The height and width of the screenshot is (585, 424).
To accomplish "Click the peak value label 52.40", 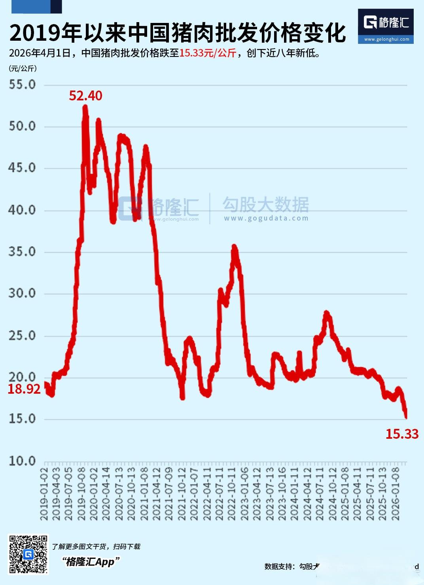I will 85,96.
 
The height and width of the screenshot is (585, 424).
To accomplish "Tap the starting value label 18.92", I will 24,389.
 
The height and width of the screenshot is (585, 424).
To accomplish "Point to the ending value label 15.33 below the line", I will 402,434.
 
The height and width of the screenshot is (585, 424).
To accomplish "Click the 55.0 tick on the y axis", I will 22,85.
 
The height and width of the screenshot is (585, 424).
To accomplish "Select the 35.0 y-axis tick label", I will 22,252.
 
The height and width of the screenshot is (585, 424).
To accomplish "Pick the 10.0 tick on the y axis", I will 22,461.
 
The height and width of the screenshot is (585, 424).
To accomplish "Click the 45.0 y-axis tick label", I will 22,168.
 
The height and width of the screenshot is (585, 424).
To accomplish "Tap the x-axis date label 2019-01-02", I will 44,494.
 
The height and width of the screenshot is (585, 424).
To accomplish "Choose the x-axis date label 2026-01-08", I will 395,494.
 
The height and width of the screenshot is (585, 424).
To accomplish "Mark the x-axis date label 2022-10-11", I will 232,494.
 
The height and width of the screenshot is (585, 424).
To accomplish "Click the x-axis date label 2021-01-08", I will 144,494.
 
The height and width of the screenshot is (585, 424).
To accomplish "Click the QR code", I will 28,554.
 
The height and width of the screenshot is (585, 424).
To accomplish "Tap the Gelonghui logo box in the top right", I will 386,26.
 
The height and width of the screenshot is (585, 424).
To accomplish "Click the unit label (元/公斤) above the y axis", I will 23,68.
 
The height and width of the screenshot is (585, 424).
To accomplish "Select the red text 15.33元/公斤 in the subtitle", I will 208,53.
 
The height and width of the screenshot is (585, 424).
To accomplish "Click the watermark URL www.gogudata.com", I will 266,218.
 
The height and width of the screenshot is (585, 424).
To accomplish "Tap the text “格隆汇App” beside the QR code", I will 91,562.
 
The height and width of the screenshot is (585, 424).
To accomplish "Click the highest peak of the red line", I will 85,107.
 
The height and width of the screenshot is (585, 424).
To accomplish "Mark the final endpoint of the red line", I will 406,417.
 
